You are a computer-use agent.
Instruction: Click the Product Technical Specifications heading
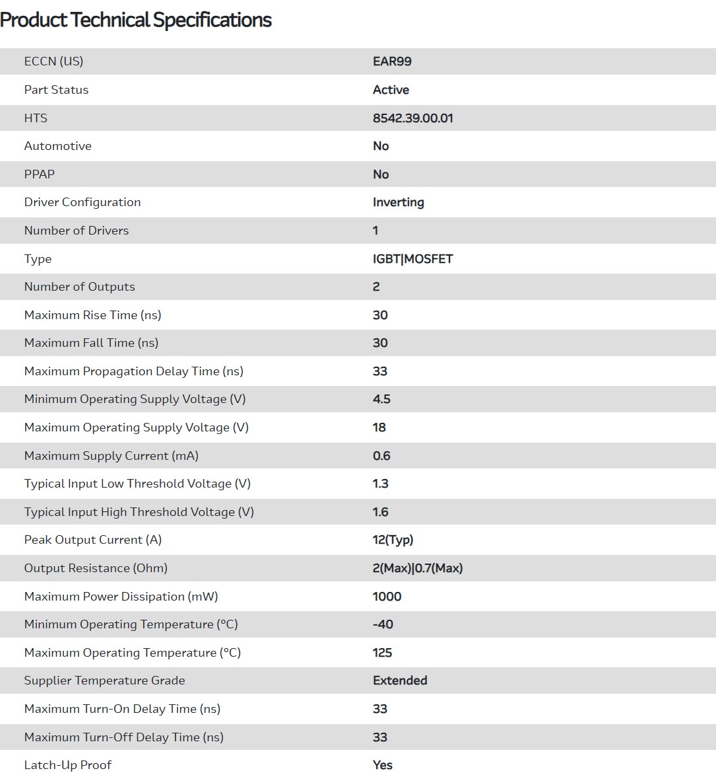click(136, 20)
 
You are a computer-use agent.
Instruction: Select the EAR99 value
click(392, 61)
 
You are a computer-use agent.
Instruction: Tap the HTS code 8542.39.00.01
click(412, 118)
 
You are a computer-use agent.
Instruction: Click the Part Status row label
click(56, 90)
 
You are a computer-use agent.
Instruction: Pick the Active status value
click(391, 90)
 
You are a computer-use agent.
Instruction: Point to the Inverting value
click(398, 202)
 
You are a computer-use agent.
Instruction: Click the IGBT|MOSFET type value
click(412, 259)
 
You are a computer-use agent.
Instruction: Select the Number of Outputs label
click(79, 287)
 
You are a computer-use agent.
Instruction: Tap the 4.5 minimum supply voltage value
click(381, 399)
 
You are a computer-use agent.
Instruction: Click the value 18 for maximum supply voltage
click(379, 427)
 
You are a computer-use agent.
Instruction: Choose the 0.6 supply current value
click(381, 456)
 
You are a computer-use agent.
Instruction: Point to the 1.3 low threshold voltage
click(380, 484)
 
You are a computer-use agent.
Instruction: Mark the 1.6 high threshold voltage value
click(380, 512)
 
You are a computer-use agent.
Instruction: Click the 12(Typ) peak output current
click(393, 540)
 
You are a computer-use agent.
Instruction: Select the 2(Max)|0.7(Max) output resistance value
click(417, 568)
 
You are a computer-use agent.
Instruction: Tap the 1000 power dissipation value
click(387, 597)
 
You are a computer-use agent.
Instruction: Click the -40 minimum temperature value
click(383, 624)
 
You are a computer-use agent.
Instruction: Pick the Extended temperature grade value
click(400, 681)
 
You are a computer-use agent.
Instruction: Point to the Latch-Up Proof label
click(68, 765)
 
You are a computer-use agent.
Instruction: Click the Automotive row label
click(58, 146)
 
